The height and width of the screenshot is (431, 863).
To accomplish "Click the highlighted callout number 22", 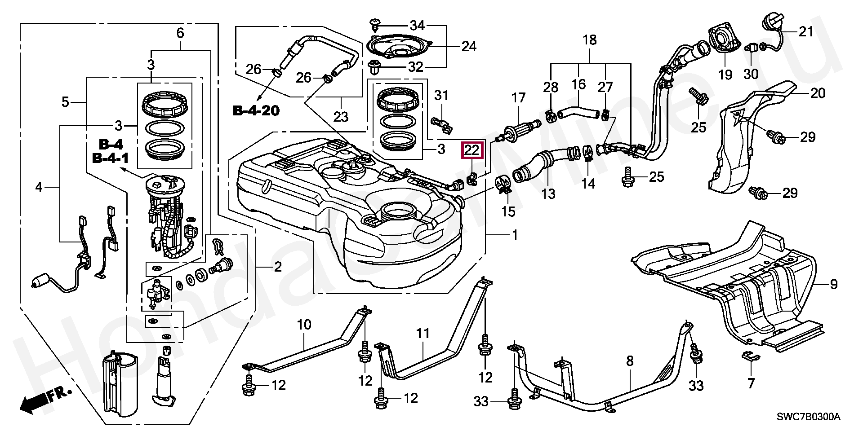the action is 472,150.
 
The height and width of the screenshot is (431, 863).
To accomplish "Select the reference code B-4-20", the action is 255,110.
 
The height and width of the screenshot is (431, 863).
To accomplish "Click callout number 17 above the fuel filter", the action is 518,98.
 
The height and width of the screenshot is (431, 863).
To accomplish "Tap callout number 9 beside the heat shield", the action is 834,284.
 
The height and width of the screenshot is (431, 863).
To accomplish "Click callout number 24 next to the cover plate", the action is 468,46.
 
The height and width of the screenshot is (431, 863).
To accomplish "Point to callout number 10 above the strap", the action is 304,324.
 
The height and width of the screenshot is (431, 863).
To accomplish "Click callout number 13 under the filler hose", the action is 548,194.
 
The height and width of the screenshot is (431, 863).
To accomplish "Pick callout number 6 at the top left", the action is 180,33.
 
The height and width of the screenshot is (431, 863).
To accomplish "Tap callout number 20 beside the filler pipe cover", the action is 818,93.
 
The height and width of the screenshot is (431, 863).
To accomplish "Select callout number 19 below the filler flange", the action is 725,75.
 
